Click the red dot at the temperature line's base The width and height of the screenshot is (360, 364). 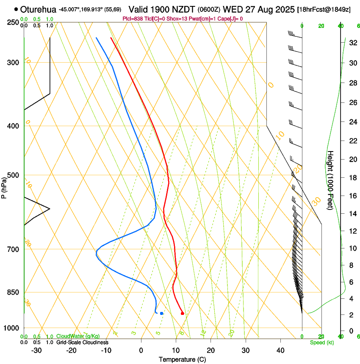(183, 313)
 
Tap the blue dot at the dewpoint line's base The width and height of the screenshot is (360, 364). (161, 313)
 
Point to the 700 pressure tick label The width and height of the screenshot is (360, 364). (13, 249)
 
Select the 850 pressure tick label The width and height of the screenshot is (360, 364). (13, 292)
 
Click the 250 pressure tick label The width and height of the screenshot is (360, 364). (13, 22)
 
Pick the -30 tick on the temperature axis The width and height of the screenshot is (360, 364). (36, 350)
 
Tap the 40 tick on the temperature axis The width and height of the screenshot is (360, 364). (280, 350)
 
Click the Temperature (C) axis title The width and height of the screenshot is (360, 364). (182, 360)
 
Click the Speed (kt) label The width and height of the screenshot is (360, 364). (321, 342)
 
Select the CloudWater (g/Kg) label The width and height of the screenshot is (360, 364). (78, 336)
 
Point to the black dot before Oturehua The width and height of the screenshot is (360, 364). (16, 9)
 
